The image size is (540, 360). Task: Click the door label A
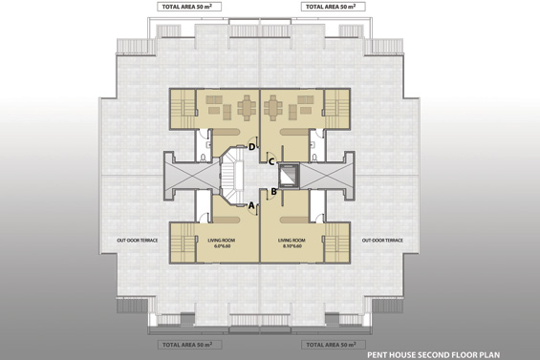(x=250, y=204)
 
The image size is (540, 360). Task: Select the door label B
(x=274, y=191)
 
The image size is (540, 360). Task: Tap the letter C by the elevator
(x=270, y=161)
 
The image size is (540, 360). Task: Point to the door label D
(x=251, y=147)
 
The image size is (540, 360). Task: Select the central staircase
(x=234, y=178)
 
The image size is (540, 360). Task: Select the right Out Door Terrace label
(x=382, y=241)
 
